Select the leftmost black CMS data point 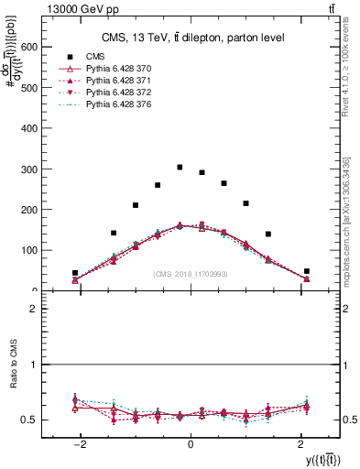(x=75, y=273)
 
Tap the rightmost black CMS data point (x=307, y=271)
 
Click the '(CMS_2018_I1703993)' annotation (x=191, y=274)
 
